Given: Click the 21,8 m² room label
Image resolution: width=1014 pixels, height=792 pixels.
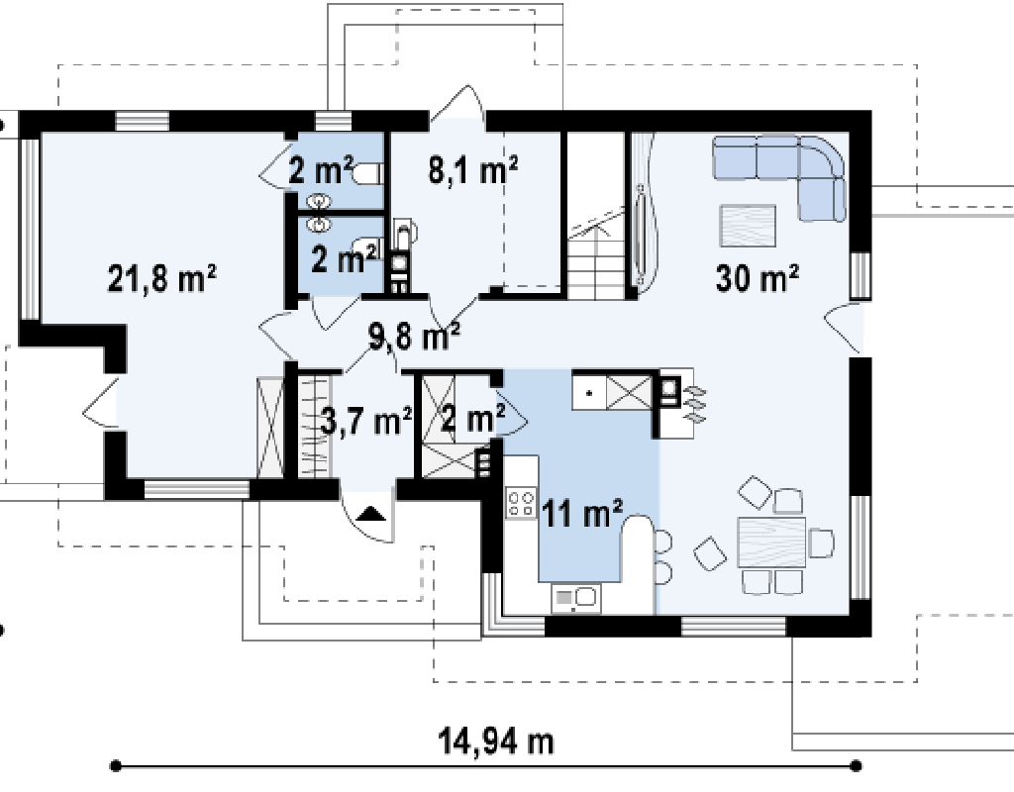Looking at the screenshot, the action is [161, 278].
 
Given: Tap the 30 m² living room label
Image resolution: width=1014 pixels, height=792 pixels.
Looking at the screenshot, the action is [758, 278].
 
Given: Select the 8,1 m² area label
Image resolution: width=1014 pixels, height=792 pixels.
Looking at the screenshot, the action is [472, 170].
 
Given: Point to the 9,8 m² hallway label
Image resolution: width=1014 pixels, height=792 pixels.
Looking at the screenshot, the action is [414, 337].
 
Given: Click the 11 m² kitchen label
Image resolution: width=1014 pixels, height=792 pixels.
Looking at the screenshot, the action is [582, 514].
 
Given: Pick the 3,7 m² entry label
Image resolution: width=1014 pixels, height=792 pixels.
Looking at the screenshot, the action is [366, 422].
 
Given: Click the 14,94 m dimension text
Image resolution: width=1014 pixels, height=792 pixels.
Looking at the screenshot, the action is [497, 742].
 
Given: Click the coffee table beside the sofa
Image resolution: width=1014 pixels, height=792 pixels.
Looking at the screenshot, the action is [748, 226].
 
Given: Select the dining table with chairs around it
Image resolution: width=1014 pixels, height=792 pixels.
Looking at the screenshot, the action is [771, 542].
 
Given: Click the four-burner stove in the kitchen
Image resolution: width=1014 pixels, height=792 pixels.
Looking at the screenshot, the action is [521, 503].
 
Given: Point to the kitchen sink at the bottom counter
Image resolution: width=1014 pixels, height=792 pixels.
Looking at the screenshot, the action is [575, 598].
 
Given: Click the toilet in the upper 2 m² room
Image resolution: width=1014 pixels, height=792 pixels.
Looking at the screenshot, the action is [368, 174].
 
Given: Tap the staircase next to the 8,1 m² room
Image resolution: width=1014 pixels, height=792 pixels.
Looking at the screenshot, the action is [596, 252].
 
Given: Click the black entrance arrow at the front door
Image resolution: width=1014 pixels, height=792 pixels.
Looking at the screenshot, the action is [370, 514].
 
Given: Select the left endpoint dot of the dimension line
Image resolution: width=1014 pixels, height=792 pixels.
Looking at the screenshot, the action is [116, 766].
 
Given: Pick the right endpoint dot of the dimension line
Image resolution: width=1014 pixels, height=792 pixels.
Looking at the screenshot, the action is [857, 766].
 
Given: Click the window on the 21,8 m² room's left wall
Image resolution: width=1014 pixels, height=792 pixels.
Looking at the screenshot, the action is [30, 229].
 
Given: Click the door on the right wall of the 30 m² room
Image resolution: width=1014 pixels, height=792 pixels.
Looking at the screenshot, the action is [844, 327].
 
